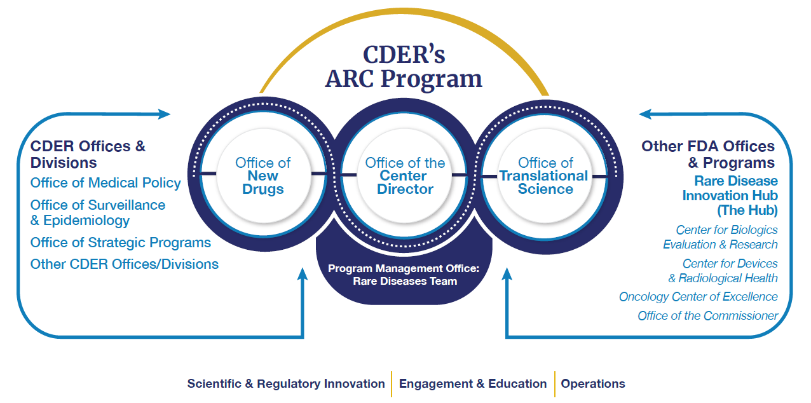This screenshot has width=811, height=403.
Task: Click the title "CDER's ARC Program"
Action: pyautogui.click(x=404, y=67)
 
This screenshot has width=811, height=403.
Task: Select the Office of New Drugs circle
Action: pyautogui.click(x=263, y=175)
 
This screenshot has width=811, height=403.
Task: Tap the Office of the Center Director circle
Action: pyautogui.click(x=405, y=175)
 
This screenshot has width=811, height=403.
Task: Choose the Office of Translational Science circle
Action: pyautogui.click(x=545, y=175)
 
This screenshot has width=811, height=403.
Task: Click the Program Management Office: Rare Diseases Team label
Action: pyautogui.click(x=404, y=275)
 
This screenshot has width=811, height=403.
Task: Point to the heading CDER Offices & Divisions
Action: pyautogui.click(x=88, y=154)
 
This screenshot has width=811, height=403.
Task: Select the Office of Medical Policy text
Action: pyautogui.click(x=106, y=183)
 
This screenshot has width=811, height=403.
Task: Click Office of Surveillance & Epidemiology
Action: pyautogui.click(x=98, y=213)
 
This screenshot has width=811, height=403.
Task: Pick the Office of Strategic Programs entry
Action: pyautogui.click(x=121, y=243)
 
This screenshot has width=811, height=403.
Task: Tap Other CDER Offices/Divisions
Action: pyautogui.click(x=125, y=264)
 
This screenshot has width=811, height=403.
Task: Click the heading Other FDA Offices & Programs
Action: pyautogui.click(x=708, y=154)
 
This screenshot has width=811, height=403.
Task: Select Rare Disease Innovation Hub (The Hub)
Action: pyautogui.click(x=730, y=195)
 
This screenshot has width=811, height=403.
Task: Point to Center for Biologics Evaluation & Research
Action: pyautogui.click(x=720, y=237)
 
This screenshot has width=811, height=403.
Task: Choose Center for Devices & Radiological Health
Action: pyautogui.click(x=723, y=270)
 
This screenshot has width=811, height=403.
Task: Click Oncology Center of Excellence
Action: pyautogui.click(x=698, y=297)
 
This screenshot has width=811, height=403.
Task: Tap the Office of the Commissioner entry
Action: pyautogui.click(x=707, y=316)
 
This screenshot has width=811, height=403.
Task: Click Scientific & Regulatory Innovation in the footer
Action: pyautogui.click(x=286, y=384)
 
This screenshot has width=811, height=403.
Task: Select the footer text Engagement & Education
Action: pyautogui.click(x=473, y=384)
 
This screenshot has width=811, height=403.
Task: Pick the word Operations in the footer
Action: pyautogui.click(x=593, y=384)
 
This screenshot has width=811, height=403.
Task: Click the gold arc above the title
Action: pyautogui.click(x=404, y=18)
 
